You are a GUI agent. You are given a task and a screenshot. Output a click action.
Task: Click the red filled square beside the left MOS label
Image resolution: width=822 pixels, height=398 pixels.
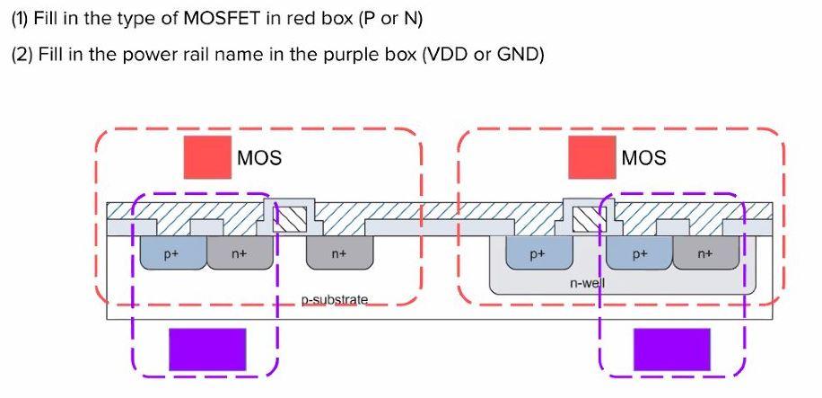[206, 157]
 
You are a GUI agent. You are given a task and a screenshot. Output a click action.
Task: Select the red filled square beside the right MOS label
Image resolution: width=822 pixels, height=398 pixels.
[591, 157]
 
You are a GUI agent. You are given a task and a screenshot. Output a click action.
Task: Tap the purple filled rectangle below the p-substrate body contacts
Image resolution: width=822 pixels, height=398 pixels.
[207, 349]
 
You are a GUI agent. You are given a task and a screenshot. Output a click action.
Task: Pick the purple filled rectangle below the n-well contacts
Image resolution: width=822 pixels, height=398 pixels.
[672, 349]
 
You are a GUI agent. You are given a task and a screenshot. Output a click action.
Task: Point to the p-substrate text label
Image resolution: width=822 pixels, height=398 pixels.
[334, 298]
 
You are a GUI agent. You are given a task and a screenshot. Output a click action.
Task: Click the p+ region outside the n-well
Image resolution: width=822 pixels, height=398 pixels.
[171, 254]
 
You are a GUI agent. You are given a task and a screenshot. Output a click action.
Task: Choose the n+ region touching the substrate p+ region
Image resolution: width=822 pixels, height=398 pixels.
[239, 254]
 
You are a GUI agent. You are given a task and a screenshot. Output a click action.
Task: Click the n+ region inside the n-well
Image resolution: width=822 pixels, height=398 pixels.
[706, 254]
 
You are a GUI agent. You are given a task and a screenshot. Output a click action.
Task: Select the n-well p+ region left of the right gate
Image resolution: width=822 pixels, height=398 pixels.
[538, 254]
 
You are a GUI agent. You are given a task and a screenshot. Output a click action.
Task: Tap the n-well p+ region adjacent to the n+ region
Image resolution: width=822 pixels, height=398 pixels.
[638, 254]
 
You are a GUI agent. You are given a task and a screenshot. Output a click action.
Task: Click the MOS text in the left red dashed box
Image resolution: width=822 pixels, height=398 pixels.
[259, 158]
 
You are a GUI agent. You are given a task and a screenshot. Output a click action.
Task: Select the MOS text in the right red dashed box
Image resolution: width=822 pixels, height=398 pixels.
[644, 158]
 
